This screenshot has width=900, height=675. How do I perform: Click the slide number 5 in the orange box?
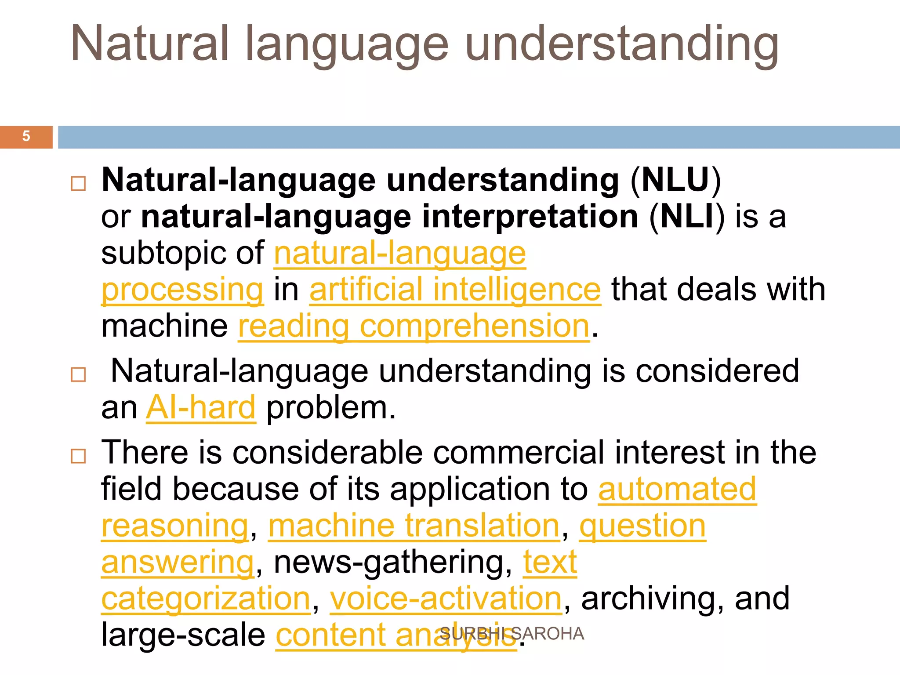coord(26,136)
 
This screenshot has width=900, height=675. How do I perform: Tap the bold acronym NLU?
coord(675,180)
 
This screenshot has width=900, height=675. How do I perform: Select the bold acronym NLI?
coord(687,217)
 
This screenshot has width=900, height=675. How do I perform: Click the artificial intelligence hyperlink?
coord(455,290)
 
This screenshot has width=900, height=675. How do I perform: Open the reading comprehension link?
coord(414,327)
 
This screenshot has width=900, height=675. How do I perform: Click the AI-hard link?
coord(201,408)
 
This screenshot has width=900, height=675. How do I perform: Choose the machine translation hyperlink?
coord(414,526)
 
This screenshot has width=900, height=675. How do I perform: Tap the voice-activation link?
coord(446,599)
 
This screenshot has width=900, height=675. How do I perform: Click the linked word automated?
coord(677,489)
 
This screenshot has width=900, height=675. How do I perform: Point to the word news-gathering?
coord(392,562)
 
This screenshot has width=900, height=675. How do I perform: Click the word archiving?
coord(652,599)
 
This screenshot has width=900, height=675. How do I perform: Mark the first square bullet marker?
coord(78,183)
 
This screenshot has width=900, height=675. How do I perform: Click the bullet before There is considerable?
coord(78,456)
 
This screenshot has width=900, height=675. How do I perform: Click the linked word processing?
coord(182,290)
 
